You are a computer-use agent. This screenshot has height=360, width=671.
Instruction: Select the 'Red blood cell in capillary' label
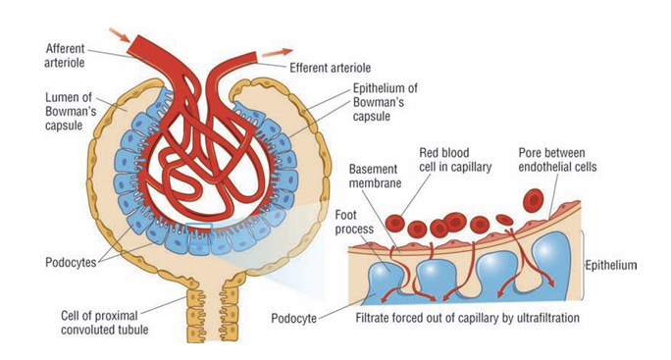(450, 161)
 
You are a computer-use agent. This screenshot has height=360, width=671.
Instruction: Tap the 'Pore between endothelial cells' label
(567, 161)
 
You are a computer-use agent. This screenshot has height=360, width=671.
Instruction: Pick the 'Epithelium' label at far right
(612, 265)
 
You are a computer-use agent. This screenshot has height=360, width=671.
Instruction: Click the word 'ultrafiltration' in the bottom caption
(538, 319)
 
